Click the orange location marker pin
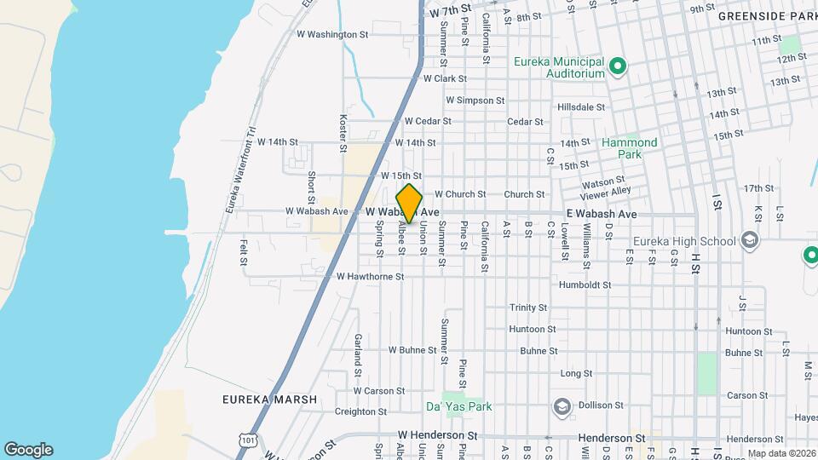tap(409, 204)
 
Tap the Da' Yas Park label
tap(459, 407)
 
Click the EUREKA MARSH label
tap(257, 400)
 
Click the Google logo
tap(28, 450)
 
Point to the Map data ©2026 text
tap(781, 453)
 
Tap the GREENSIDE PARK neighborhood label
tap(767, 16)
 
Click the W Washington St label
tap(331, 35)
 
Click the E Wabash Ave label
tap(601, 213)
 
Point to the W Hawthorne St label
tap(370, 277)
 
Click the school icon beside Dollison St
tap(562, 409)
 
